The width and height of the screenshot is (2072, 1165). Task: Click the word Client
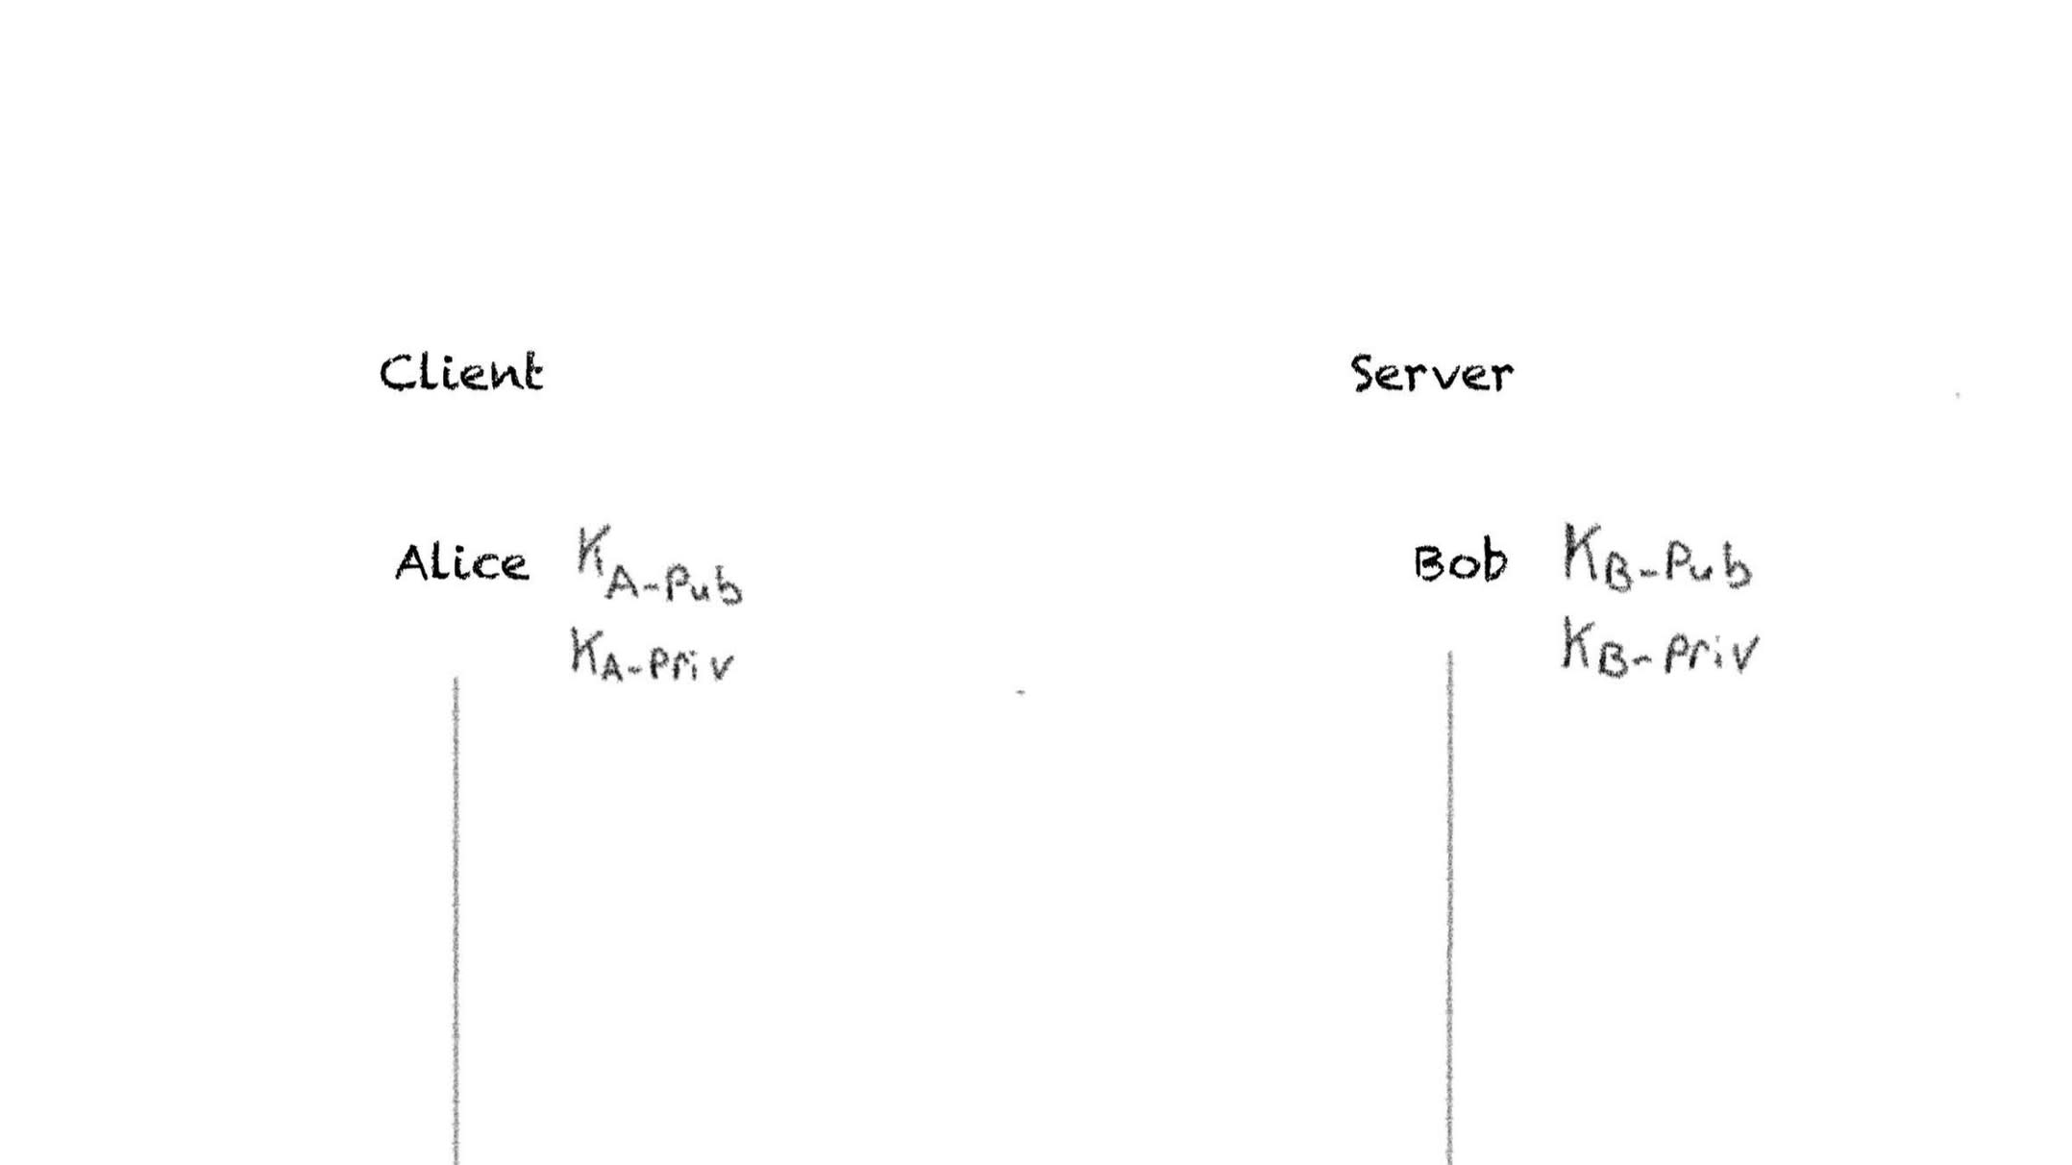tap(461, 373)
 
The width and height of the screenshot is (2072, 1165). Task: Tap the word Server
tap(1432, 374)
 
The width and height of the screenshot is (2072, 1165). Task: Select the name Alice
tap(461, 563)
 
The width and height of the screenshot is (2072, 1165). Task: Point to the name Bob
tap(1460, 562)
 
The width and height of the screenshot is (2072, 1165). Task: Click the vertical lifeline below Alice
tap(456, 913)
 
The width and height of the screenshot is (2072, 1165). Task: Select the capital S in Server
tap(1365, 375)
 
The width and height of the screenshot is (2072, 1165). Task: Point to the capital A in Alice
tap(411, 563)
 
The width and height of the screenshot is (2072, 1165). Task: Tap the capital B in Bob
tap(1429, 563)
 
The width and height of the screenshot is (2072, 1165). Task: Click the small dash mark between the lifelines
tap(1021, 692)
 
